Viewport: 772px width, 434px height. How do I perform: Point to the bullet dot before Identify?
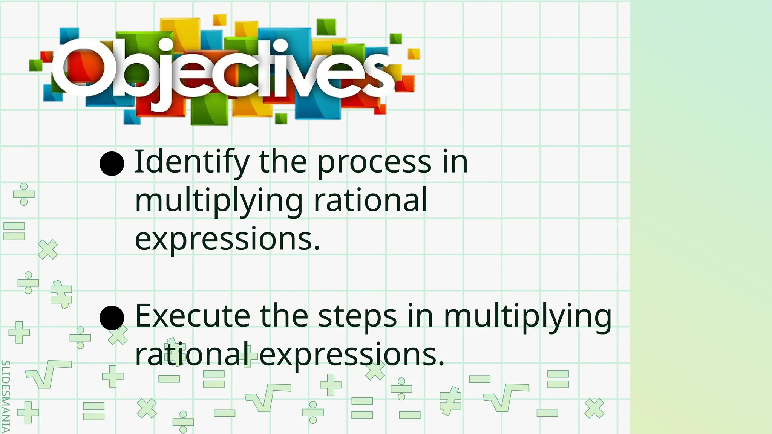(x=112, y=164)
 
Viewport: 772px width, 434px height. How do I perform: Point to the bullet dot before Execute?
(x=112, y=318)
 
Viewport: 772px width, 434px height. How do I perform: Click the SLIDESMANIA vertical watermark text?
(x=5, y=396)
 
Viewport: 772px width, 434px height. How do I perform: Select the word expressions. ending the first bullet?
(x=227, y=240)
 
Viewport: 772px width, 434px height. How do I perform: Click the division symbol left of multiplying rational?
(x=24, y=194)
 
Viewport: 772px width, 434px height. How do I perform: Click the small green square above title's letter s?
(x=395, y=38)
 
